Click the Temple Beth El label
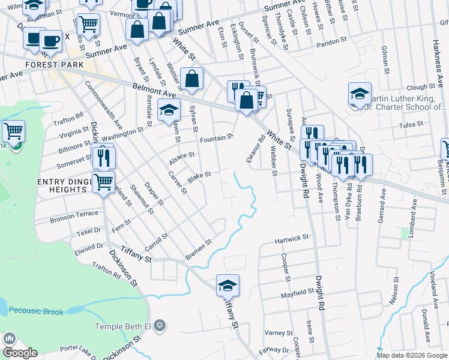point(124,326)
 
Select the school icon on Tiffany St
point(228,285)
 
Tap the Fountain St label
point(216,139)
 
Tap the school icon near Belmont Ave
point(169,110)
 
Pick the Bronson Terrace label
point(74,214)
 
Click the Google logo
point(20,353)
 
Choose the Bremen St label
point(198,246)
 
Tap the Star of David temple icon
point(159,326)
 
